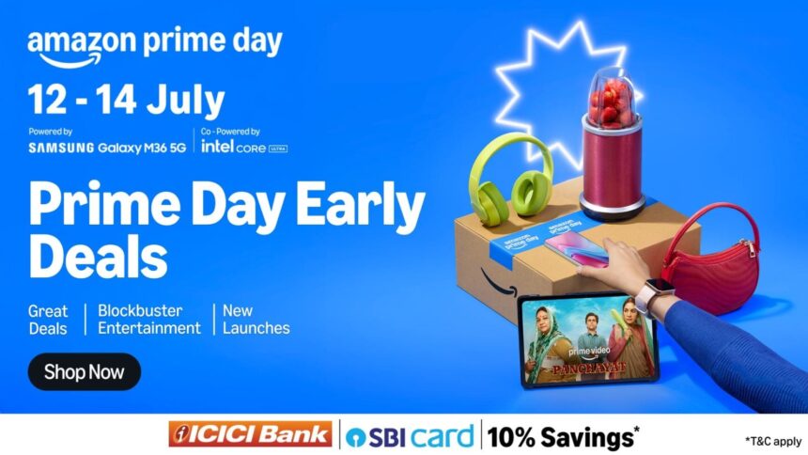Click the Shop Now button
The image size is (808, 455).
[x=84, y=371]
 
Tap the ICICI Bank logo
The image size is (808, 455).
[x=250, y=434]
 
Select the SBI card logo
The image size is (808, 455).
[x=410, y=436]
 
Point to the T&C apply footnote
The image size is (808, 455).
[x=772, y=440]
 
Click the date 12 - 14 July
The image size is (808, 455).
[x=126, y=99]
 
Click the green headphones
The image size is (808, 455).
[x=511, y=180]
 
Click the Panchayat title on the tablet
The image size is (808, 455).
[x=587, y=366]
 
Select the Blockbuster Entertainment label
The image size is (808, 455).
[x=148, y=320]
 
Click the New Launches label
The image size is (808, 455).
[x=256, y=320]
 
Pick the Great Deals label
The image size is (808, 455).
[x=48, y=320]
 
